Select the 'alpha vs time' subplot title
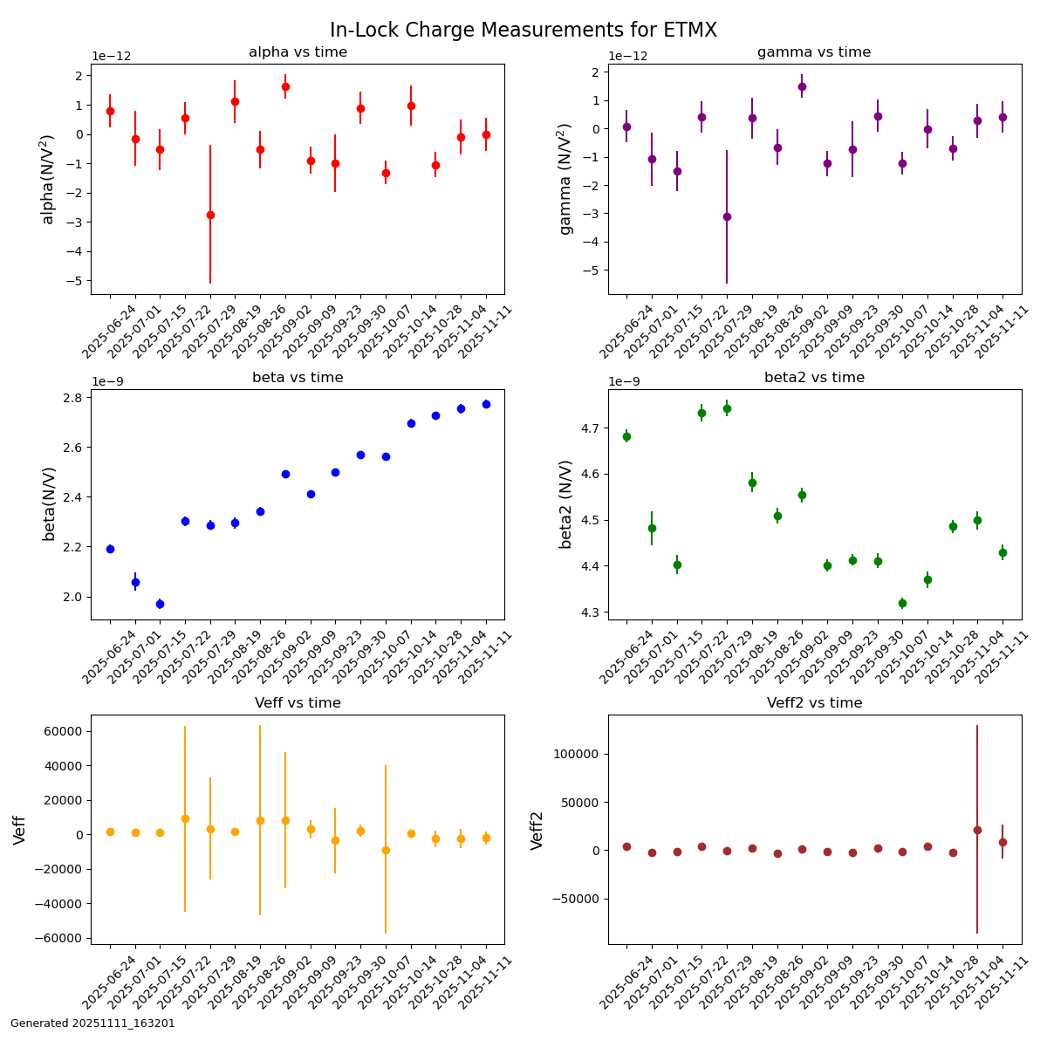pyautogui.click(x=298, y=52)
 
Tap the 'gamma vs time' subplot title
pyautogui.click(x=813, y=52)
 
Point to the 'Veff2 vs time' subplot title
pyautogui.click(x=814, y=703)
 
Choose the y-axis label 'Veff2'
pyautogui.click(x=537, y=830)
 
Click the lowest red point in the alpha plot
pyautogui.click(x=210, y=215)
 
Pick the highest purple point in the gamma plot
pyautogui.click(x=802, y=86)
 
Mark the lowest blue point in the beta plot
pyautogui.click(x=160, y=604)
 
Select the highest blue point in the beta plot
pyautogui.click(x=486, y=404)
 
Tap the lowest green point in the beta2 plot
pyautogui.click(x=902, y=603)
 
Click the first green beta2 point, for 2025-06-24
pyautogui.click(x=626, y=436)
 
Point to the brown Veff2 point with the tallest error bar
pyautogui.click(x=977, y=830)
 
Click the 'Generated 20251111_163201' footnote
pyautogui.click(x=92, y=1023)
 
